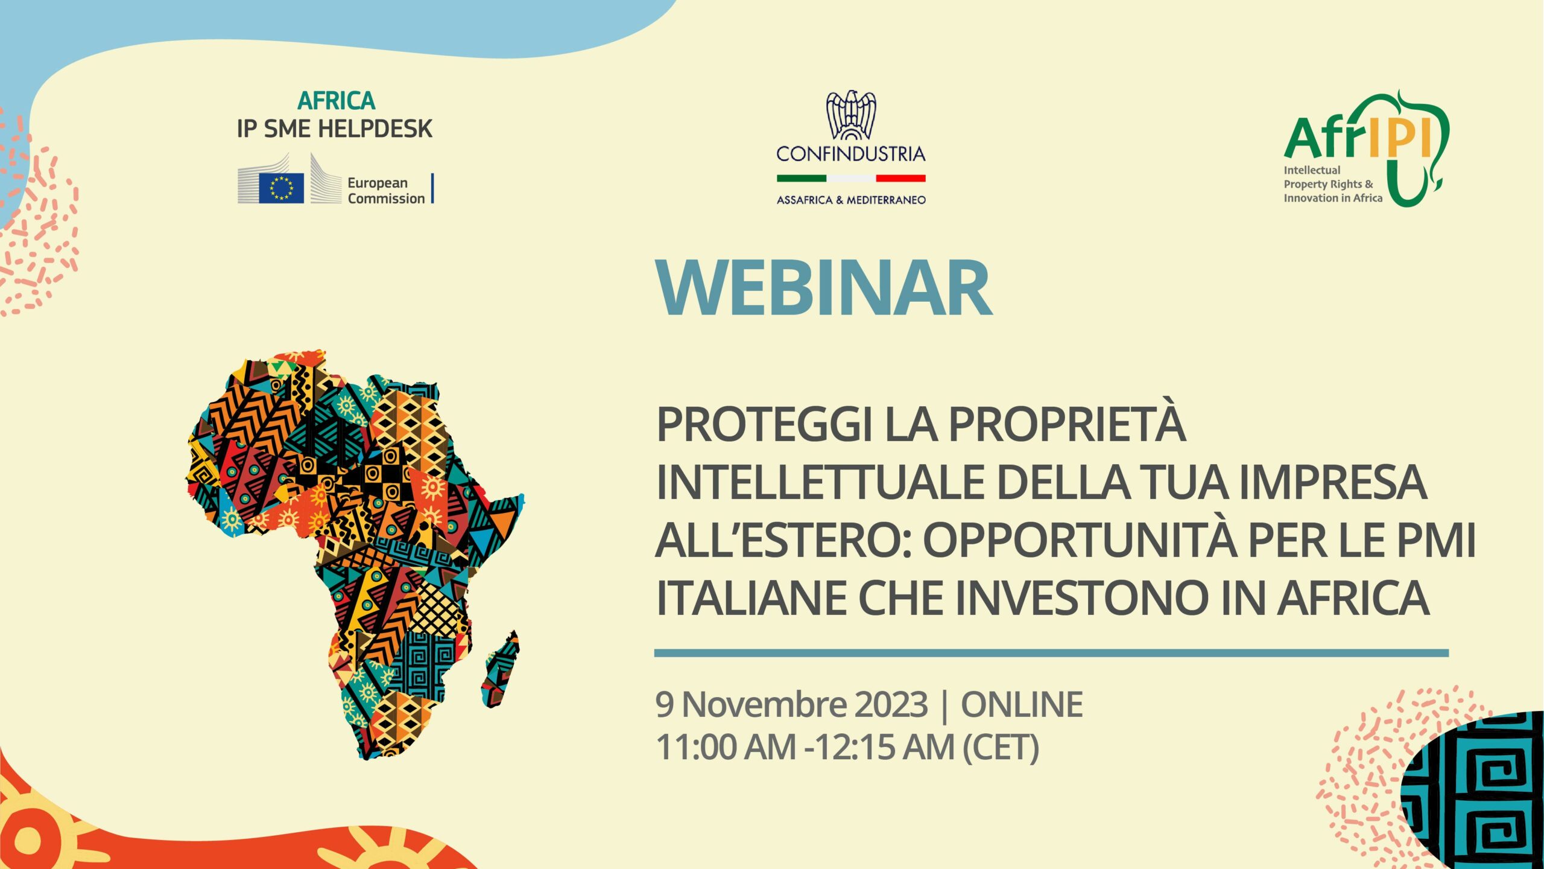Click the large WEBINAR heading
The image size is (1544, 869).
[824, 288]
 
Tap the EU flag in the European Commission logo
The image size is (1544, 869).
[281, 188]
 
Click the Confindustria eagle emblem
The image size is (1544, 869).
[851, 115]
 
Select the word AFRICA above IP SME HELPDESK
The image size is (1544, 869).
[337, 101]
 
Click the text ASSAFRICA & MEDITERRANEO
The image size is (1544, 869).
[851, 200]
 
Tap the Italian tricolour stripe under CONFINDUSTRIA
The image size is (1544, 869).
[851, 178]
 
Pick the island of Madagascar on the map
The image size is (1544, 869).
[501, 669]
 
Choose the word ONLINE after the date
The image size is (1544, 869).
[1022, 704]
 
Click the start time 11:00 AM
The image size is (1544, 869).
[726, 747]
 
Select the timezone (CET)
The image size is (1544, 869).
[1001, 748]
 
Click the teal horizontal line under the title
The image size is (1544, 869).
[1051, 653]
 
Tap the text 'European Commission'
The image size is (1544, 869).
[386, 191]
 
